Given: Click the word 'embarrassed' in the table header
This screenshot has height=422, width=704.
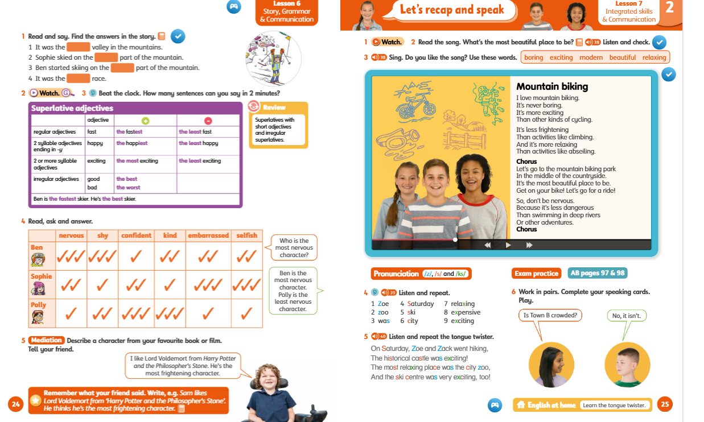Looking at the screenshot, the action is (x=208, y=235).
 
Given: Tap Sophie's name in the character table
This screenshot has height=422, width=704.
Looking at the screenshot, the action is (x=41, y=276).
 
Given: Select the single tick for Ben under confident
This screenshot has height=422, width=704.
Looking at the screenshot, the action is (x=136, y=256).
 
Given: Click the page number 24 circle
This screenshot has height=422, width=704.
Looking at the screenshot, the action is (x=16, y=404).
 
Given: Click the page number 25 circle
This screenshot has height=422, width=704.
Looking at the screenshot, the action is (x=665, y=404).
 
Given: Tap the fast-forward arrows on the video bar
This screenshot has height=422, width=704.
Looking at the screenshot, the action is (x=529, y=245).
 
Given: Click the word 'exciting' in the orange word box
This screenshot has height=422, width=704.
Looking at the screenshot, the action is (x=561, y=57).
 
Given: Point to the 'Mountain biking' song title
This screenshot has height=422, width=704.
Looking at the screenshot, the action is (x=552, y=86).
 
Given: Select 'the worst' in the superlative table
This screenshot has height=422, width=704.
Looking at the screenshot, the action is (x=128, y=188).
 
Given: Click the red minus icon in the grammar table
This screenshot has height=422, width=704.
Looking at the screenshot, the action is (x=208, y=121).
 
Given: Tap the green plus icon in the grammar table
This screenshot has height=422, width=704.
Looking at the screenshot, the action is (x=145, y=121).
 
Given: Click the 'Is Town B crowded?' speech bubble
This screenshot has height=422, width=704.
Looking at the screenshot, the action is (x=550, y=315).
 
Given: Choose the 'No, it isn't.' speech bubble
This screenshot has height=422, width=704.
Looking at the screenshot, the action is (x=627, y=316).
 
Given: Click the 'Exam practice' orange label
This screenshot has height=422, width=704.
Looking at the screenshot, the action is (x=537, y=274).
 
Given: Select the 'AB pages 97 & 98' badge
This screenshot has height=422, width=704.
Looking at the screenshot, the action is (x=598, y=273).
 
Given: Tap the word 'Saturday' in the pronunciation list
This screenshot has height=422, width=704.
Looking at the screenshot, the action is (x=421, y=304).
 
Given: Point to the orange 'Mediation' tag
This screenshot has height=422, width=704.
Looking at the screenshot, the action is (x=46, y=340).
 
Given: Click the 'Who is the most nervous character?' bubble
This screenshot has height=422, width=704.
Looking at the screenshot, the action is (x=294, y=247).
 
